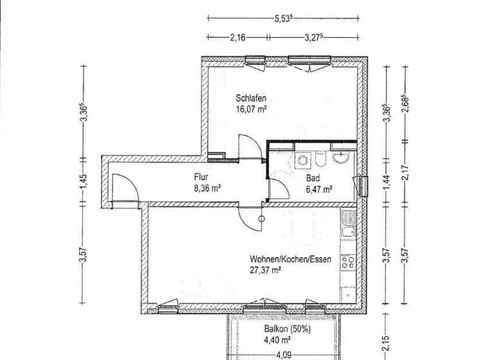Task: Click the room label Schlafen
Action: click(251, 98)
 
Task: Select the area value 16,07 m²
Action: click(251, 109)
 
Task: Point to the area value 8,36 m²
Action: click(207, 188)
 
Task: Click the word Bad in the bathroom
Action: click(312, 178)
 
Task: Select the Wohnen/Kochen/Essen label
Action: click(281, 260)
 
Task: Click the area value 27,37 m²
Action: click(265, 271)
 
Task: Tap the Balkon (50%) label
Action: click(287, 328)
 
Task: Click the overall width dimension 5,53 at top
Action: click(283, 19)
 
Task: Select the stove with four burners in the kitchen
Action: click(349, 260)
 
